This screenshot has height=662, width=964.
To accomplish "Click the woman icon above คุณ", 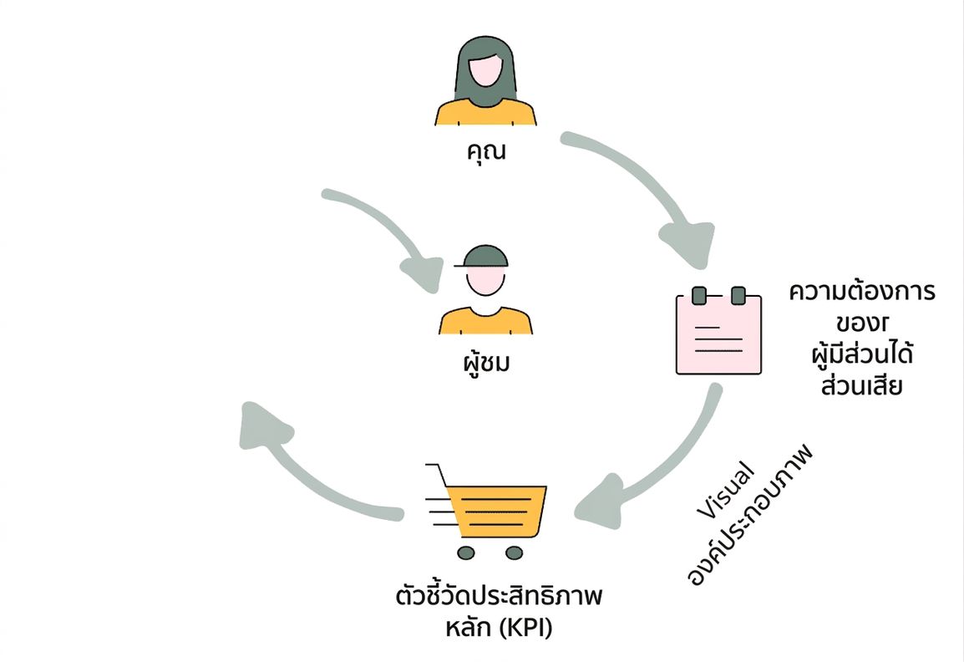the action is point(485,80).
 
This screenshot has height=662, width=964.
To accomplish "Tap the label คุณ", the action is point(486,151).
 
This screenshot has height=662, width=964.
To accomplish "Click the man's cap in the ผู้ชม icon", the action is point(483,257).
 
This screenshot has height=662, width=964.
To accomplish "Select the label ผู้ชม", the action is point(486,363).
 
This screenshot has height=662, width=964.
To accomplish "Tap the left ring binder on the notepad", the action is point(699,295).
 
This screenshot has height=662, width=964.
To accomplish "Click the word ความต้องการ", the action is point(862,291).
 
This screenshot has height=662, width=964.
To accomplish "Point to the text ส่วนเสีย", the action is point(861,386).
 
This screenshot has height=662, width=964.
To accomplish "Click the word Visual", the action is point(725,489).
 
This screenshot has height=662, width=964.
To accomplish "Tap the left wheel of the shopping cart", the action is point(467,553).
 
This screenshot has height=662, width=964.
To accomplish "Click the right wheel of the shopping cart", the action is point(514,553).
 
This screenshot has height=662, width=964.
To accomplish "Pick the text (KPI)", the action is point(525,629).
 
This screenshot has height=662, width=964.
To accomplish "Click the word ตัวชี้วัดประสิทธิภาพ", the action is point(499,596).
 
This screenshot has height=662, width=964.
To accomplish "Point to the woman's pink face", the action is point(485,71).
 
